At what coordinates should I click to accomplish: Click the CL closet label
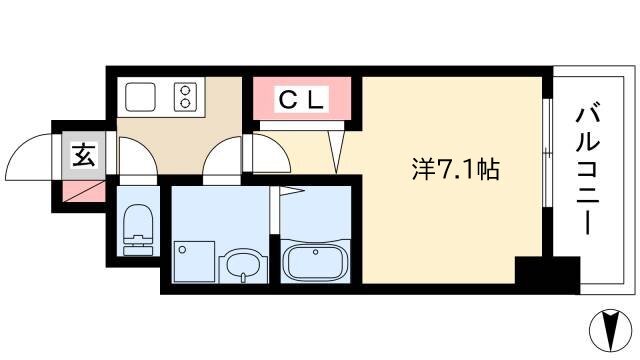(x=302, y=100)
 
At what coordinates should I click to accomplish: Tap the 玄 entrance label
(x=84, y=155)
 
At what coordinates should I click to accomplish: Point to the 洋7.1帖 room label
(x=455, y=169)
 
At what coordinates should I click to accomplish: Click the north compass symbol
(x=611, y=331)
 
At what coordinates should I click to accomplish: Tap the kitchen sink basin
(x=140, y=97)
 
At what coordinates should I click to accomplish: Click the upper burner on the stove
(x=185, y=90)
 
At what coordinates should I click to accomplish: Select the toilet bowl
(x=138, y=220)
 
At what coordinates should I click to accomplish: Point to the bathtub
(x=315, y=260)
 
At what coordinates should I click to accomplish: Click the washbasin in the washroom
(x=243, y=267)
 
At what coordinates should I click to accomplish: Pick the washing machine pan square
(x=194, y=262)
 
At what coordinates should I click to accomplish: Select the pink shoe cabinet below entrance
(x=83, y=192)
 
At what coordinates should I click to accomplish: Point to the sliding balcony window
(x=547, y=153)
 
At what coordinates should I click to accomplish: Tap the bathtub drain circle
(x=316, y=252)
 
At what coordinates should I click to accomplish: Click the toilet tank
(x=138, y=246)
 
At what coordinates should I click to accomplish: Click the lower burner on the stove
(x=185, y=103)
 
